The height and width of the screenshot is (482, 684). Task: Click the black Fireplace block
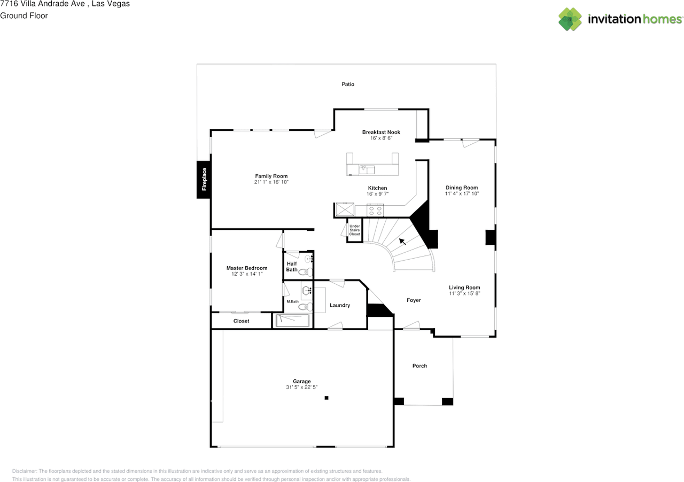coord(204,180)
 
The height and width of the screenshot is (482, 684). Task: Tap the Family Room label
coord(271,176)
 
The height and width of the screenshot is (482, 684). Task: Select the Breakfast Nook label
coord(381,132)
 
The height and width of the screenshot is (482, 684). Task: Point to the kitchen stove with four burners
coord(375,211)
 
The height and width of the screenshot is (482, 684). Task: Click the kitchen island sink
coord(367,169)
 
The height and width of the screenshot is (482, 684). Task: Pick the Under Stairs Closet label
coord(355,230)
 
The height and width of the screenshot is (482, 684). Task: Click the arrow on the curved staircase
coord(402,242)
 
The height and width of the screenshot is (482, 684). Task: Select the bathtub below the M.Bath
coord(292,321)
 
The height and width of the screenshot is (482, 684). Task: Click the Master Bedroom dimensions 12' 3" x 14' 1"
coord(247,274)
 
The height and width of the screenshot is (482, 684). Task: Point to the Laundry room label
coord(340,305)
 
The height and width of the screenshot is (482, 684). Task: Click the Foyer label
coord(414,300)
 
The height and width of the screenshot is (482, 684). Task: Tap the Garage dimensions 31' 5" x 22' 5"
coord(302,387)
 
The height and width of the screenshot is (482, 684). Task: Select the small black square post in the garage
coord(327,398)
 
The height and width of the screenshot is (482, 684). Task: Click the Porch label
coord(419,366)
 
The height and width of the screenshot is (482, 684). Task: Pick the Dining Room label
coord(462,188)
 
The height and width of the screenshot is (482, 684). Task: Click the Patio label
coord(348,84)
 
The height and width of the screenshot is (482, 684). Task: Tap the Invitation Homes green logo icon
coord(570,19)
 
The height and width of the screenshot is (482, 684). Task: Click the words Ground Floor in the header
coord(24,15)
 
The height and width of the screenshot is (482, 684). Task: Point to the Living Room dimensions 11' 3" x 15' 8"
coord(464,293)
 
